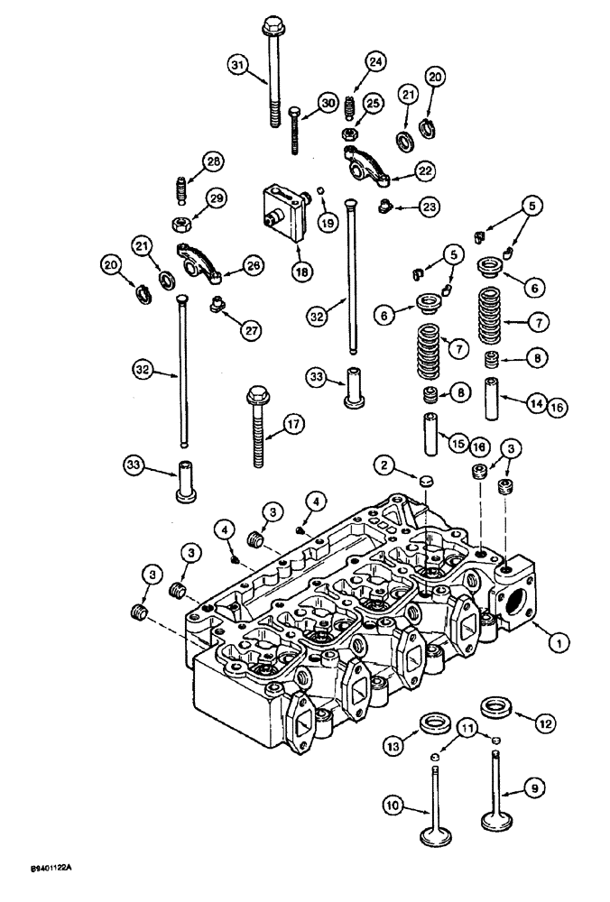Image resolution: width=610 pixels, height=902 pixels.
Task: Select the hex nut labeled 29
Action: [179, 221]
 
